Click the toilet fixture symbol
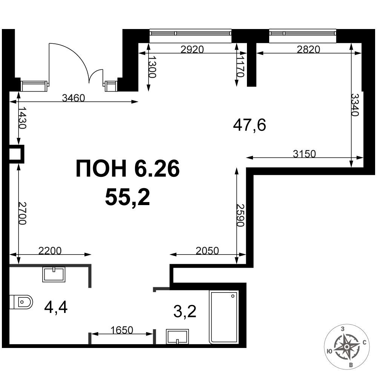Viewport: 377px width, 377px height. click(21, 302)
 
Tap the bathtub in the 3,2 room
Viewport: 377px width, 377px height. click(224, 317)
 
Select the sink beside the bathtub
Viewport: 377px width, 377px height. click(178, 337)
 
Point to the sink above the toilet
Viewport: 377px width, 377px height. click(54, 274)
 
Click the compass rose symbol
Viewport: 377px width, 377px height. click(347, 347)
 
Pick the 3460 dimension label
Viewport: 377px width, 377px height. click(74, 98)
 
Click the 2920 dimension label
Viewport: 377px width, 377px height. click(192, 49)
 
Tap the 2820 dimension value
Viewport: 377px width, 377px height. click(308, 49)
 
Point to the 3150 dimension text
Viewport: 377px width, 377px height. click(304, 153)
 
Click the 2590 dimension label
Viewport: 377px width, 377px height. click(241, 215)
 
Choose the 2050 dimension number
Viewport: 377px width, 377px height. click(207, 251)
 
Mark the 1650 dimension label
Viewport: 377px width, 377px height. click(122, 330)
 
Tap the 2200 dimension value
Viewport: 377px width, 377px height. click(50, 251)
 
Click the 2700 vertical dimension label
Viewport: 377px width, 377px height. click(22, 213)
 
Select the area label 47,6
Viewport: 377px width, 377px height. click(250, 126)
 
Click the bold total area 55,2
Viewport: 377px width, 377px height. click(127, 197)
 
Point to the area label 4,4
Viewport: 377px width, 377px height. click(56, 307)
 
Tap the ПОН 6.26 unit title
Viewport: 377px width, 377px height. click(128, 168)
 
